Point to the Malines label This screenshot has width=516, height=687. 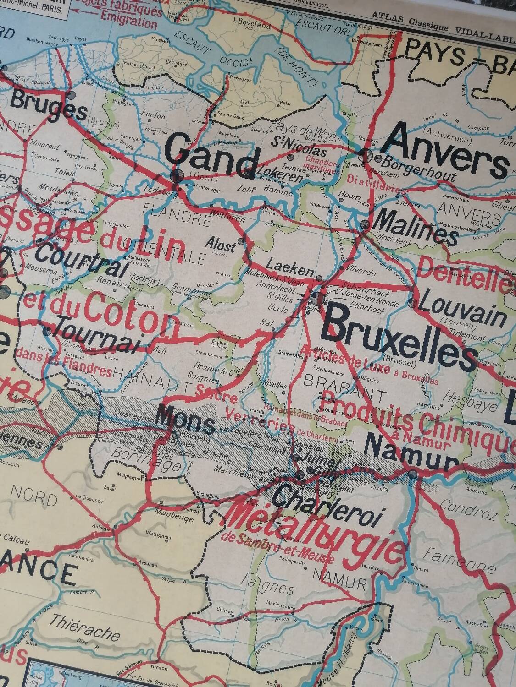416,229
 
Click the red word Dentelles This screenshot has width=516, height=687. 463,275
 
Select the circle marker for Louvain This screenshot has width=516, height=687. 412,303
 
